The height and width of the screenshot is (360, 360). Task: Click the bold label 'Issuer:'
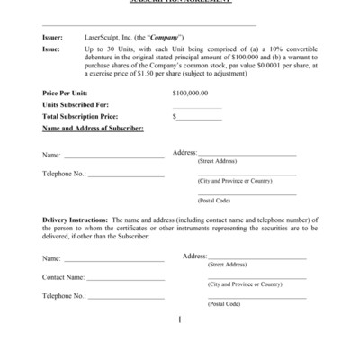pos(52,37)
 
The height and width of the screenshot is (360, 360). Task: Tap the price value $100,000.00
pos(189,94)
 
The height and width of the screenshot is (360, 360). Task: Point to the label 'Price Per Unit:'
pos(66,94)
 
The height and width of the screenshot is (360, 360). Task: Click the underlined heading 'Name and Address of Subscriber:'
pos(93,129)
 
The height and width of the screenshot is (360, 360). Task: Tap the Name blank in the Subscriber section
pos(112,157)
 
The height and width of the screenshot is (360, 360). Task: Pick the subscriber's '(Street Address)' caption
pos(217,160)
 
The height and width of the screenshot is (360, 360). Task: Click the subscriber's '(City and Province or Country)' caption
pos(234,181)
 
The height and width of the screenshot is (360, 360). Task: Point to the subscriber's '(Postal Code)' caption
pos(214,200)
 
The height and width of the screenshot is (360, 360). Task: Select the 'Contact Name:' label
pos(63,277)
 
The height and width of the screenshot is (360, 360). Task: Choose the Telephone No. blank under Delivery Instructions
pos(126,298)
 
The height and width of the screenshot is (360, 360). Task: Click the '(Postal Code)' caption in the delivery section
pos(224,304)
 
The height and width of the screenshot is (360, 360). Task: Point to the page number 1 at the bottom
pos(181,319)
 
